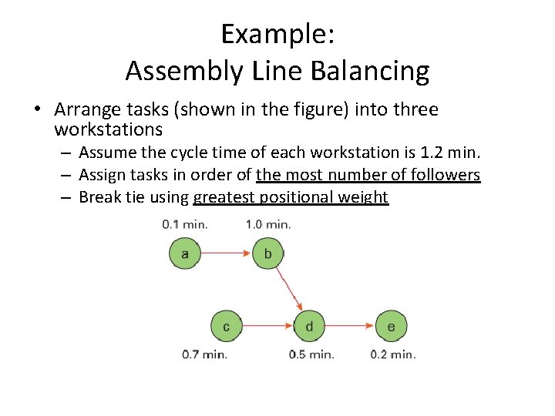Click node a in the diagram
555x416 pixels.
point(184,253)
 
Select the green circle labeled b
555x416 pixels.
point(267,253)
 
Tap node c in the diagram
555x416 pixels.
point(226,327)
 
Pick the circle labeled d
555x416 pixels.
point(309,327)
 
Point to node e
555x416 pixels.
point(392,327)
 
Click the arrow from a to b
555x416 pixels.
point(226,252)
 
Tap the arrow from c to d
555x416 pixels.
point(267,327)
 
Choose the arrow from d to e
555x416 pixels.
point(351,327)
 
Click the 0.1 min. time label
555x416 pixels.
point(185,225)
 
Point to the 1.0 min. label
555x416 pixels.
point(268,225)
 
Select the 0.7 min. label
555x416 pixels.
point(204,354)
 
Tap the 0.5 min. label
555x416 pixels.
point(311,354)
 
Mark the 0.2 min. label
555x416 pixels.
point(393,354)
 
